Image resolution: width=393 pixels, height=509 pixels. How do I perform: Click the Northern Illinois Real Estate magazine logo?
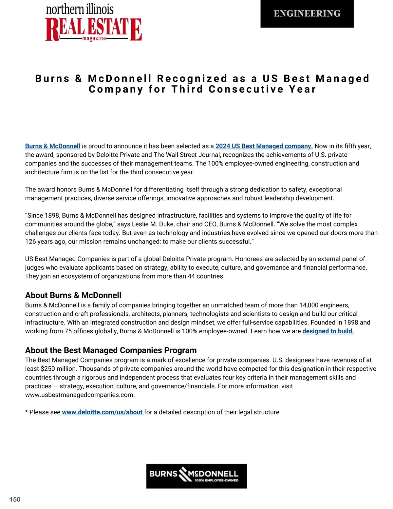[93, 23]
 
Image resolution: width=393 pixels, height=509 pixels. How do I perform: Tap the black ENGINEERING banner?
[307, 13]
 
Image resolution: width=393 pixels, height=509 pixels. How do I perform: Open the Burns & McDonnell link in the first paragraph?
[52, 146]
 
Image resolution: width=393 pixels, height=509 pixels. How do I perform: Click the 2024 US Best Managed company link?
[264, 146]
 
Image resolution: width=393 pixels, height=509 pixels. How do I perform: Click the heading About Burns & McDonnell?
[73, 295]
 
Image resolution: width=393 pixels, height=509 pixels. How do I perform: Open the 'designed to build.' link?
[328, 331]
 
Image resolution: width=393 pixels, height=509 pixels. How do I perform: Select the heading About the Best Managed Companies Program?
[111, 350]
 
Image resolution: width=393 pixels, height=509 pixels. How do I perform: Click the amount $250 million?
[50, 369]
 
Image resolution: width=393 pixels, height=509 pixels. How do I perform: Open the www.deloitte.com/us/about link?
[102, 412]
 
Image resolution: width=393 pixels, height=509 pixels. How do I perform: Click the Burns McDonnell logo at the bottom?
[196, 476]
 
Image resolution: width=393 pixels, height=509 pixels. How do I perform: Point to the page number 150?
[15, 499]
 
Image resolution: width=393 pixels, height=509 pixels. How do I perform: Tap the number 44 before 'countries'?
[191, 276]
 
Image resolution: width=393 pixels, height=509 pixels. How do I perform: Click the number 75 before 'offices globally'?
[68, 331]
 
